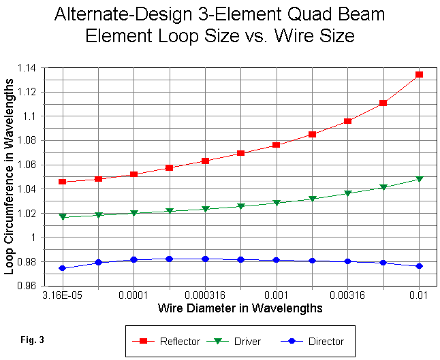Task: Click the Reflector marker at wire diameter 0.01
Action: [x=419, y=74]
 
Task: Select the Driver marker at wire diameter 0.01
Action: [x=419, y=179]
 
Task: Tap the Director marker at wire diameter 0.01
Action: [x=419, y=266]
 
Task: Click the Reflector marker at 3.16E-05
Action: [x=63, y=182]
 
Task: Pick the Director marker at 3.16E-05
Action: [x=63, y=268]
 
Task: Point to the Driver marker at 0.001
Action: [x=277, y=203]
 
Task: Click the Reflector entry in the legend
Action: [x=170, y=341]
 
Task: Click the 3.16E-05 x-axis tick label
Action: [x=63, y=295]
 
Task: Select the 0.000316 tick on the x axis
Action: [x=205, y=295]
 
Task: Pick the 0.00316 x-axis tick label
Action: [x=347, y=295]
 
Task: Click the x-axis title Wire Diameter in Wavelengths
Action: [x=240, y=308]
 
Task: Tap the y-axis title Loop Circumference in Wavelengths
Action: [x=10, y=177]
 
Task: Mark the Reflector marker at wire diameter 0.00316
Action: [x=347, y=121]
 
